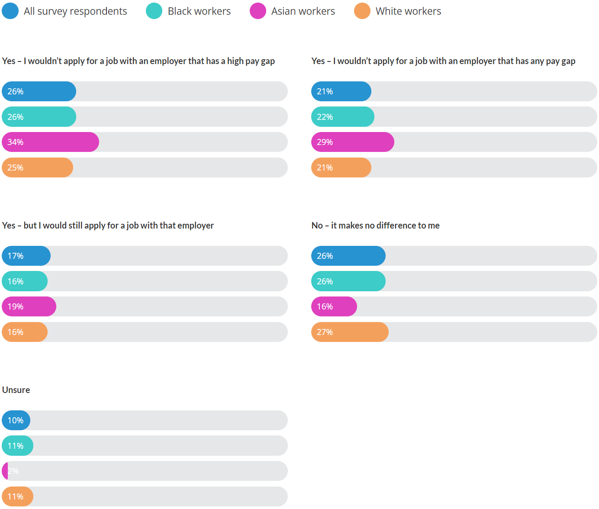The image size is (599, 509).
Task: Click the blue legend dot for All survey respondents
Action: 10,11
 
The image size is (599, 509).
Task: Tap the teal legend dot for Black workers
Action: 154,11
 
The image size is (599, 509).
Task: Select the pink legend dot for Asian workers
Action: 258,11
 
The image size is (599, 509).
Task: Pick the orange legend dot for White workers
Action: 362,11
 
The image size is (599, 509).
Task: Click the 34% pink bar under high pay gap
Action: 51,142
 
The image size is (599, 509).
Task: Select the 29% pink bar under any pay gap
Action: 353,142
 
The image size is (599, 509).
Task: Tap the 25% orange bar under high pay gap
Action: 38,168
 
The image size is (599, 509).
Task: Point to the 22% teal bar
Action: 343,117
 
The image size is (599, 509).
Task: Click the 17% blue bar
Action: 26,256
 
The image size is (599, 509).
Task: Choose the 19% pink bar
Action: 29,306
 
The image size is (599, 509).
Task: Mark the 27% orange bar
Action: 350,332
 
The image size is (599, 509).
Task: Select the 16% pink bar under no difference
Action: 334,306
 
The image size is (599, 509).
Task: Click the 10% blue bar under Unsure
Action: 16,420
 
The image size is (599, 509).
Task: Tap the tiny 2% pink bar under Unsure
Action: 5,471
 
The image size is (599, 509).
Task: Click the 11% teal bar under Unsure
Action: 18,446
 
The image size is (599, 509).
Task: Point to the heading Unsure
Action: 16,390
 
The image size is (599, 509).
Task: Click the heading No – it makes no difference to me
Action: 375,226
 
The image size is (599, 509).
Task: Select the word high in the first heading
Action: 235,61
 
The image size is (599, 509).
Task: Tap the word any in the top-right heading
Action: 537,61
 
